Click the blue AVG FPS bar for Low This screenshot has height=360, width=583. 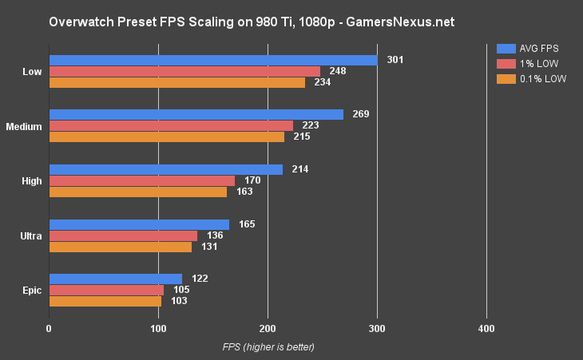(x=213, y=60)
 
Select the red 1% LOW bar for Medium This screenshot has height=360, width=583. (x=171, y=125)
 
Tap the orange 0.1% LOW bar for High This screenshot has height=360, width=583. (x=138, y=192)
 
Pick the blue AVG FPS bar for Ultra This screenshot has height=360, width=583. (x=139, y=224)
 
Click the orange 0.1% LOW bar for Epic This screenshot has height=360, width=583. (x=105, y=301)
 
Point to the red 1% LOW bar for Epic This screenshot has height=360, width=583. (x=106, y=290)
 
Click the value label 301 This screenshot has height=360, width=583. (x=395, y=60)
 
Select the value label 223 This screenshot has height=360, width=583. (x=311, y=125)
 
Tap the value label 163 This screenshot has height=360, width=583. (x=244, y=192)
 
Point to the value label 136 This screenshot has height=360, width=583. (x=215, y=235)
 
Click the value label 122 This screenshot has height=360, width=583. (x=200, y=279)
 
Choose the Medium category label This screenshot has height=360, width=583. (x=25, y=126)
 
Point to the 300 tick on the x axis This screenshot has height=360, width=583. (x=378, y=328)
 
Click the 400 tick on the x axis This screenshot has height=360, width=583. (x=486, y=328)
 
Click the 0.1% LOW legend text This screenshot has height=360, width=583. (x=545, y=78)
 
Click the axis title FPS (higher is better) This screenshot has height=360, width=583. (x=268, y=346)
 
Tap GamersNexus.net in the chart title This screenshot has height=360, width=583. (x=407, y=22)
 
